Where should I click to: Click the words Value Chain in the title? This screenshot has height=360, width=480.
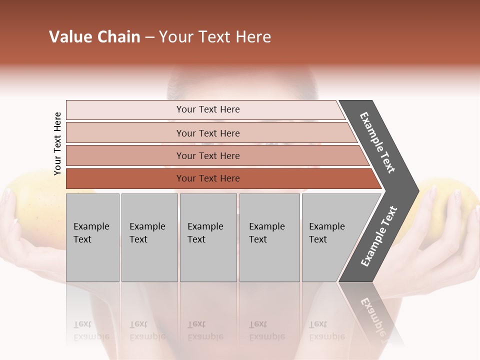click(x=94, y=37)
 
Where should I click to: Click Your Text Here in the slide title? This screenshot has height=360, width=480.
click(x=215, y=37)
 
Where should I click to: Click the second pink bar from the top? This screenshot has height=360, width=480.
click(x=207, y=133)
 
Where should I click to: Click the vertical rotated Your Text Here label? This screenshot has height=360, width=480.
click(x=58, y=143)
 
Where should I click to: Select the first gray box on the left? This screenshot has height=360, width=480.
click(x=92, y=237)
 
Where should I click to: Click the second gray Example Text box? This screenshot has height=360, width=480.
click(x=149, y=237)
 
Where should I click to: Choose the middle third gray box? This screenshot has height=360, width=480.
click(x=208, y=237)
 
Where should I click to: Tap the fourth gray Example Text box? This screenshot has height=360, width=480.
click(x=269, y=237)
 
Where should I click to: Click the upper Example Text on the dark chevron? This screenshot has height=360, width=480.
click(x=378, y=142)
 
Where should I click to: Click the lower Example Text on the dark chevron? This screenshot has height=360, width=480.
click(x=379, y=236)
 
